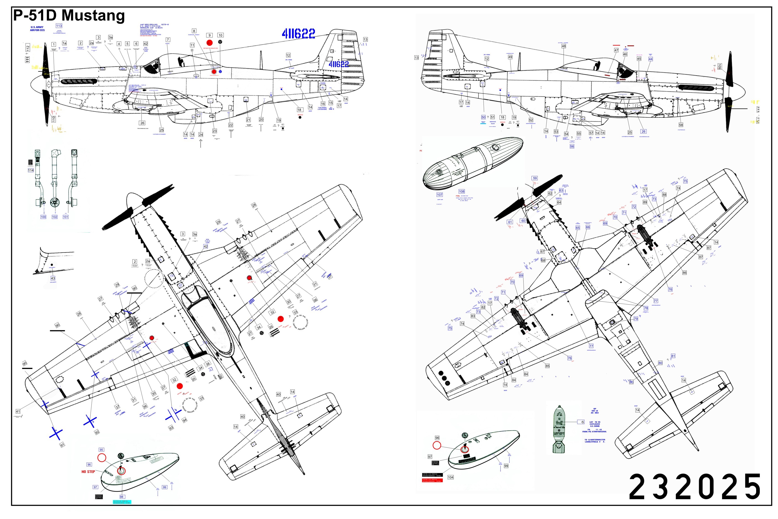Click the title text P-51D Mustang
[x=69, y=15]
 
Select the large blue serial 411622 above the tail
[x=298, y=33]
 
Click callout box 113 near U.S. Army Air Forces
[x=59, y=26]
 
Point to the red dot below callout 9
[x=209, y=43]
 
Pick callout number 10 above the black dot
[x=220, y=35]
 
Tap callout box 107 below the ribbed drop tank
[x=440, y=195]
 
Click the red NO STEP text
[x=88, y=472]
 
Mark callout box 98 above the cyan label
[x=122, y=497]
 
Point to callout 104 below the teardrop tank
[x=451, y=477]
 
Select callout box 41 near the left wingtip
[x=18, y=411]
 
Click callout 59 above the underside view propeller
[x=535, y=178]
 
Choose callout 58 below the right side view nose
[x=681, y=125]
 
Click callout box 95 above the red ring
[x=101, y=450]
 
